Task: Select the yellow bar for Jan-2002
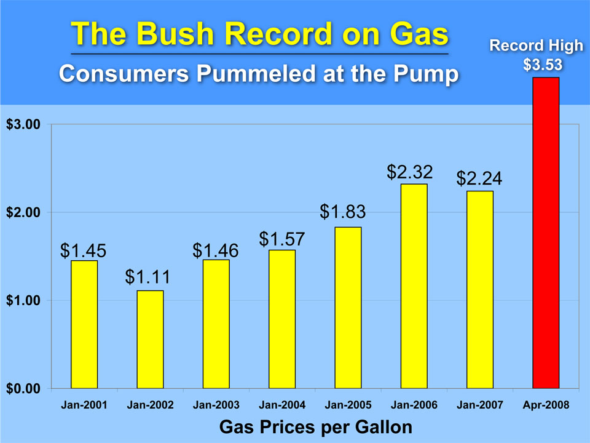click(x=150, y=339)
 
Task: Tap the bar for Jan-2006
click(x=414, y=286)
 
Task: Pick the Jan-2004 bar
click(x=282, y=319)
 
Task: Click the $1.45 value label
click(x=84, y=250)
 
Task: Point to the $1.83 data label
click(x=343, y=212)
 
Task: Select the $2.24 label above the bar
click(x=479, y=178)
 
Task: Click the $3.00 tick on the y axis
click(x=23, y=124)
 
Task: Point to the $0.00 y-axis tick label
click(x=23, y=389)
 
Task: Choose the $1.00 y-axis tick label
click(x=23, y=301)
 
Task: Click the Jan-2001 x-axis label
click(x=84, y=405)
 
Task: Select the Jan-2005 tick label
click(x=348, y=405)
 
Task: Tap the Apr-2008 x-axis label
click(x=546, y=405)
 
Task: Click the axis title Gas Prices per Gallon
click(x=315, y=426)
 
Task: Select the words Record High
click(x=536, y=46)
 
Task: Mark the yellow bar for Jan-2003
click(x=216, y=324)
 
